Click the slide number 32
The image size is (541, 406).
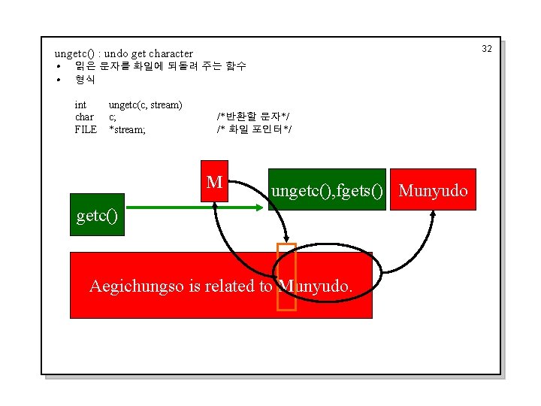(x=486, y=49)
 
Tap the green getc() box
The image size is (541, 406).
(x=98, y=216)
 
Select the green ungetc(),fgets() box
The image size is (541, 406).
(x=328, y=189)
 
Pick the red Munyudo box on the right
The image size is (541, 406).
(x=434, y=189)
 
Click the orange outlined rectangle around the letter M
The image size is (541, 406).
(x=286, y=277)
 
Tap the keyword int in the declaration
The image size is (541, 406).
(x=80, y=105)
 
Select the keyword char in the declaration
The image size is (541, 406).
(x=84, y=117)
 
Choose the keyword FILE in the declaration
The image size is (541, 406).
(x=86, y=129)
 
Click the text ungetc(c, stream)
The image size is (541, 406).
(x=146, y=105)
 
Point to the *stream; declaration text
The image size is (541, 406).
(x=128, y=129)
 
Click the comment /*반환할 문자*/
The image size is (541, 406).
(x=253, y=117)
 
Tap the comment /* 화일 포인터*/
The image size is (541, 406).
(x=254, y=129)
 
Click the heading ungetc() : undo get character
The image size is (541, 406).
(x=124, y=53)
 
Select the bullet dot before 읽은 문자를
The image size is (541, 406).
(x=58, y=66)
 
